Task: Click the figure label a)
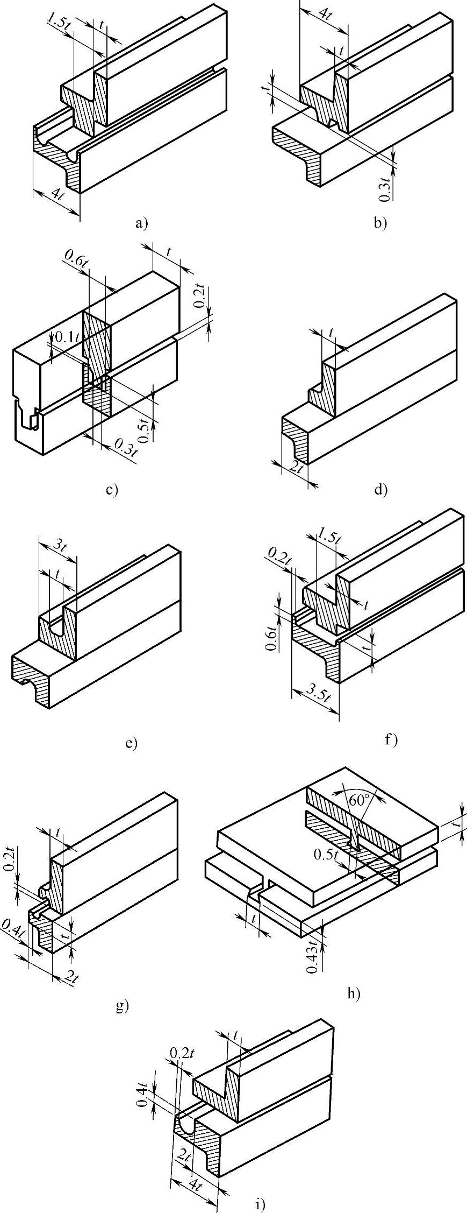click(141, 222)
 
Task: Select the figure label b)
click(380, 222)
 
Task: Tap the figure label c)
click(112, 490)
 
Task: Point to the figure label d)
click(380, 490)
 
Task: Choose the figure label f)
click(391, 741)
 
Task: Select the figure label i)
click(260, 1200)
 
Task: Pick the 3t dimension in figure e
click(60, 545)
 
